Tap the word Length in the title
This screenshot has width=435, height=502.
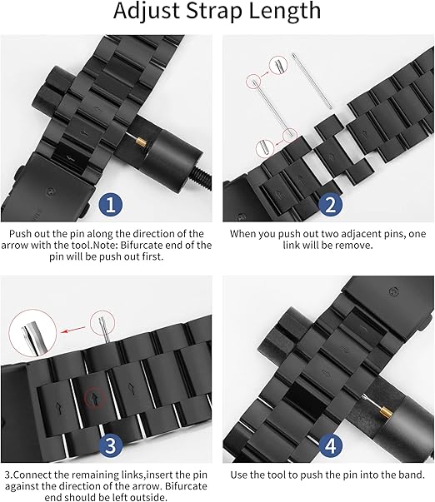click(282, 12)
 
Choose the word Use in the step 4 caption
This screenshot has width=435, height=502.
click(241, 474)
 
